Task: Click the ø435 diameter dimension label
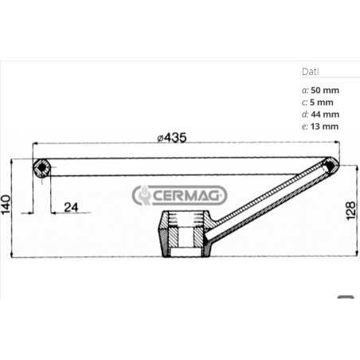click(x=171, y=138)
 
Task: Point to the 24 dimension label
click(x=70, y=208)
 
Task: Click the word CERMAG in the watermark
click(x=190, y=195)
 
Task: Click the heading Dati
click(x=311, y=71)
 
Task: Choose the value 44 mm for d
click(x=325, y=113)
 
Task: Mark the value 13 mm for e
click(x=325, y=127)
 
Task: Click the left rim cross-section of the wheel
click(x=41, y=169)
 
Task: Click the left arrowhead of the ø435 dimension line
click(x=35, y=144)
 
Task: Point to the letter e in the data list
click(x=305, y=127)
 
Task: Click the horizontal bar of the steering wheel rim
click(x=183, y=168)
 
